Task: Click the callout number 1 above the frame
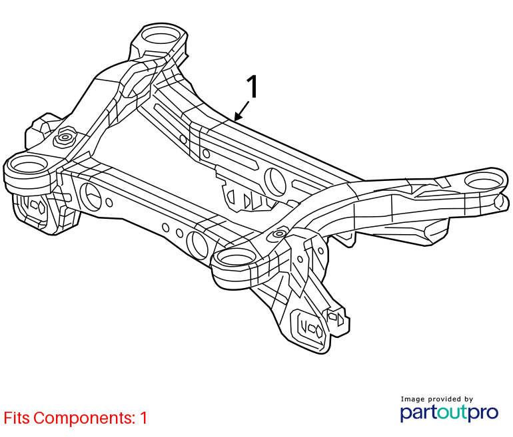pos(252,86)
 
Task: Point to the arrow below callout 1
pos(242,110)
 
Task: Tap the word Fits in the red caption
pos(17,418)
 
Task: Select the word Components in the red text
pos(85,418)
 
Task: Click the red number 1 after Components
pos(143,418)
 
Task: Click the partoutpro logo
pos(449,413)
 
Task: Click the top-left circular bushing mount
pos(161,35)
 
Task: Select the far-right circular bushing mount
pos(484,180)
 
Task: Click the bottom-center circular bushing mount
pos(236,257)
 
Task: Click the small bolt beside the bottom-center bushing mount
pos(279,233)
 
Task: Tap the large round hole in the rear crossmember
pos(274,182)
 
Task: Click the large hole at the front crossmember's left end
pos(90,197)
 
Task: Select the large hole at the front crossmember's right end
pos(197,245)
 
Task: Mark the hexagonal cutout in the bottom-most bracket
pos(316,331)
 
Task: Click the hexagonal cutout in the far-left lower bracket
pos(41,206)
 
